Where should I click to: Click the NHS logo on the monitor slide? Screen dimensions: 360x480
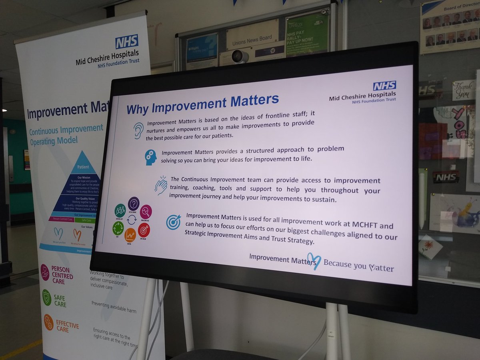point(384,86)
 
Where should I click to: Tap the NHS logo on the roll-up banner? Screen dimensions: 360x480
point(127,41)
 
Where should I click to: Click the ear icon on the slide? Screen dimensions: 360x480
point(138,130)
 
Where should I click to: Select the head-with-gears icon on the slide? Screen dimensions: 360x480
point(151,157)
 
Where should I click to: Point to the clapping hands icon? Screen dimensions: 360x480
point(161,186)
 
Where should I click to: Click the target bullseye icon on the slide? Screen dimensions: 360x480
point(174,222)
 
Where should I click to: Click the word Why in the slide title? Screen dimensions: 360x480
point(138,108)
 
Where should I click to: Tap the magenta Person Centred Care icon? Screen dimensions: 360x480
point(45,272)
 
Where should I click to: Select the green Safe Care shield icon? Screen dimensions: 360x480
point(47,297)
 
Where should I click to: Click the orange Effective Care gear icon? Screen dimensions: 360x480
point(48,322)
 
